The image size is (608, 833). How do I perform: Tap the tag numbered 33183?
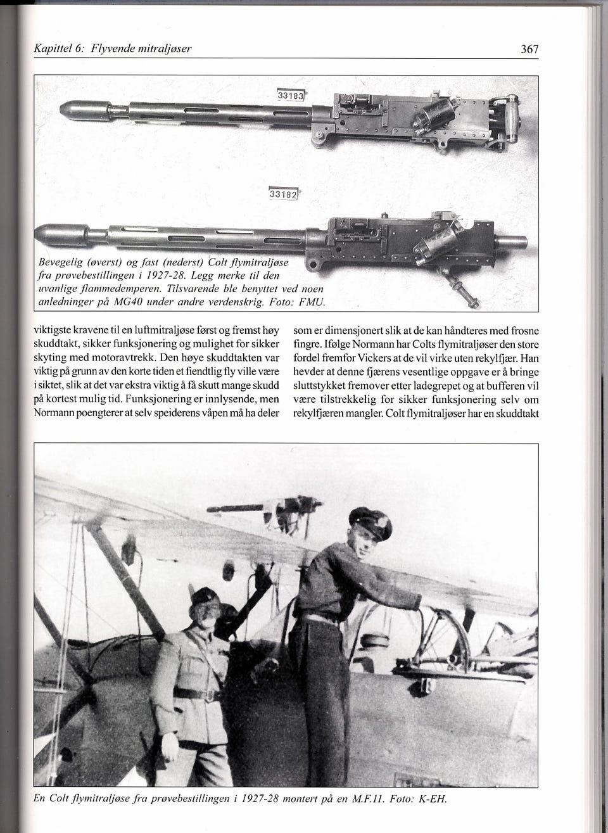[x=291, y=96]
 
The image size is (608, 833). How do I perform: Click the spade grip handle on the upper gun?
[x=507, y=117]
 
